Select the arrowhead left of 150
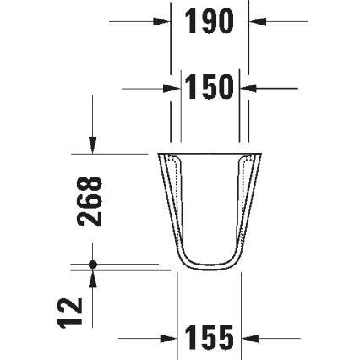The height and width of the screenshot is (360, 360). tap(176, 87)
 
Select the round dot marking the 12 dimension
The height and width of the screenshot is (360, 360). tap(92, 265)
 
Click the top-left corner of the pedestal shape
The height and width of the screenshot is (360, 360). tap(158, 154)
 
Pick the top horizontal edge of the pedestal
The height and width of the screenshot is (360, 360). tap(210, 153)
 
